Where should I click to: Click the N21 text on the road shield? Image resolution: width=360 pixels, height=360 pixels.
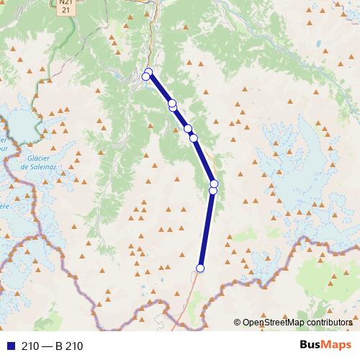coord(66,3)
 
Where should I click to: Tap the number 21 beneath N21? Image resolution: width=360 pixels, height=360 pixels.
coord(66,10)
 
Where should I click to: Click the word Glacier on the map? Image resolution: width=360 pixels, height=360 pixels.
coord(35,158)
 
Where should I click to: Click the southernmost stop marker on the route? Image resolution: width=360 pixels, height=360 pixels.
coord(200,269)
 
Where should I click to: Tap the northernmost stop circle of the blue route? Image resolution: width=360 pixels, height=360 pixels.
coord(149,72)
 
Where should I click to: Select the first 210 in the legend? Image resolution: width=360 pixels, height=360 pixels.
coord(30,346)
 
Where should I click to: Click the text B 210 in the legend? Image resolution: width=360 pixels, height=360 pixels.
coord(69,346)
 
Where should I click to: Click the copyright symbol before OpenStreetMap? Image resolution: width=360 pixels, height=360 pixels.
coord(238,323)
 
